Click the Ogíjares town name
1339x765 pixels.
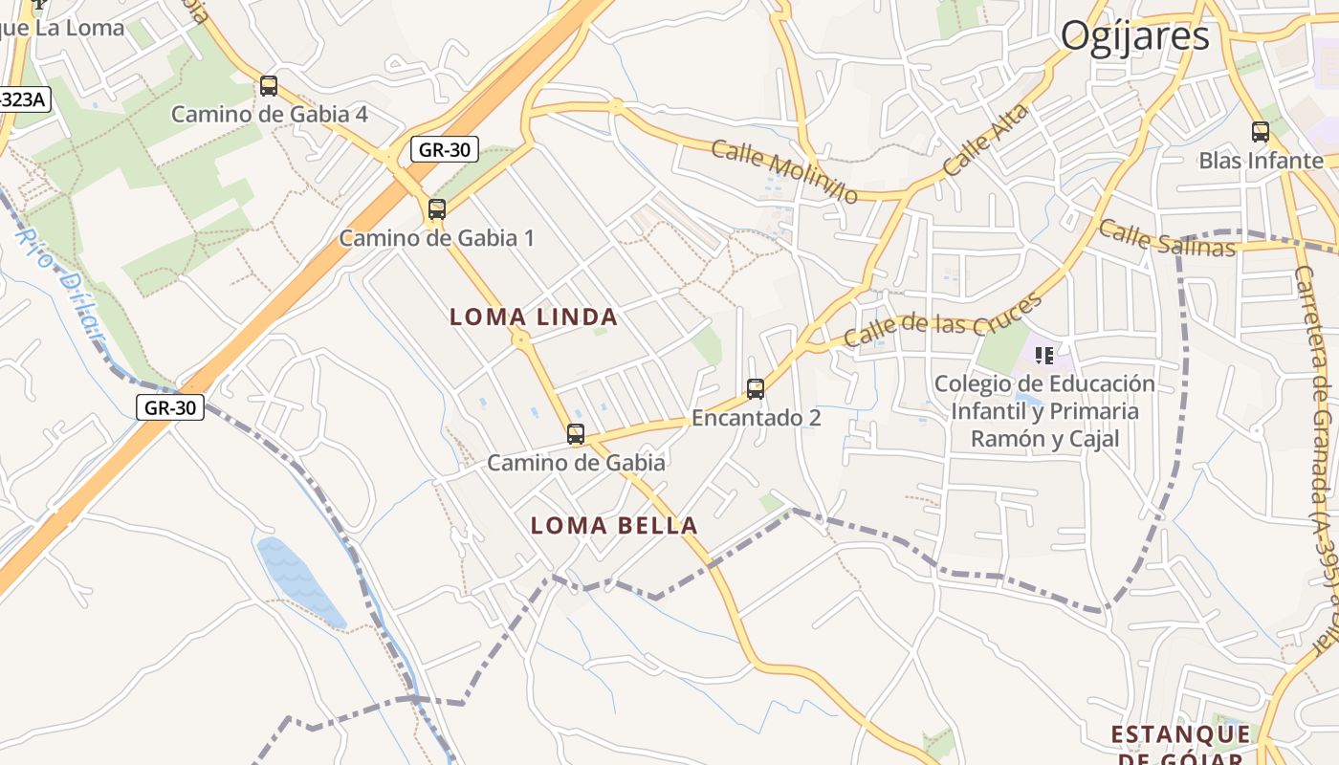coord(1134,36)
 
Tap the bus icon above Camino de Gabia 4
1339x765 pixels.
coord(269,86)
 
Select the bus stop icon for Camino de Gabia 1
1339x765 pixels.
coord(437,208)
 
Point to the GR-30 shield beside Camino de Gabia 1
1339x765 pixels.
coord(445,150)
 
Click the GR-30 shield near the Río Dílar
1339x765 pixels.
coord(170,407)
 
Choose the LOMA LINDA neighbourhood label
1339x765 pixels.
coord(534,317)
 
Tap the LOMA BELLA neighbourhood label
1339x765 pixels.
coord(614,525)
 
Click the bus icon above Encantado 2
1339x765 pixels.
coord(756,389)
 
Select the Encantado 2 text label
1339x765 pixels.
coord(756,418)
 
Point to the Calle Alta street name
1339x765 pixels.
coord(986,140)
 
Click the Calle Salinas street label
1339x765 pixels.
coord(1167,239)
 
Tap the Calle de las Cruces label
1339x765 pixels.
coord(941,321)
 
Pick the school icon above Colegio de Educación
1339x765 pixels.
coord(1044,356)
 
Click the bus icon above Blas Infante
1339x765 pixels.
coord(1261,132)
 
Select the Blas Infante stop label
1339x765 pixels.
coord(1261,161)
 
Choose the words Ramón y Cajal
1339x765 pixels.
coord(1044,439)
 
